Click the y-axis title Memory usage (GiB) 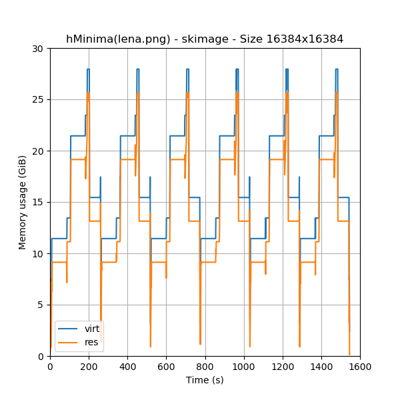pos(23,202)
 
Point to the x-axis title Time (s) pos(205,380)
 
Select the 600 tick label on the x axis pos(166,366)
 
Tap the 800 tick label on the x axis pos(205,366)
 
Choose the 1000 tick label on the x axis pos(243,366)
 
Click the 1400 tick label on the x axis pos(321,366)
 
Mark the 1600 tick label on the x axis pos(360,366)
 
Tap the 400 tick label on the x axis pos(127,366)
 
